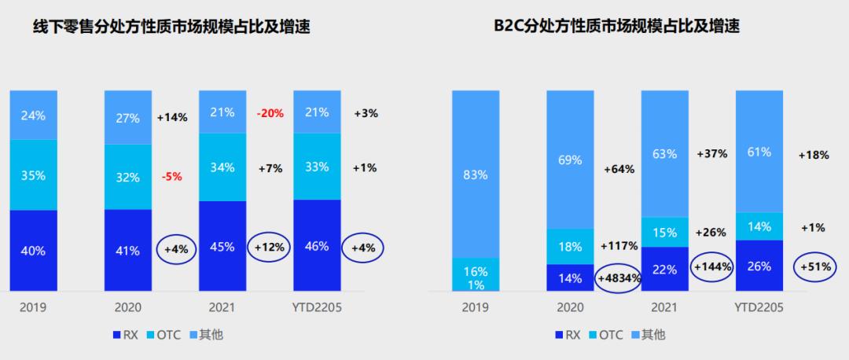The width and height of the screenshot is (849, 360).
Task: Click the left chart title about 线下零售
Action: pyautogui.click(x=171, y=27)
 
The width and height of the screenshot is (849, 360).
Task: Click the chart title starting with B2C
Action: pyautogui.click(x=617, y=27)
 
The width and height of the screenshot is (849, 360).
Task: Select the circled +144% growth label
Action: pyautogui.click(x=712, y=266)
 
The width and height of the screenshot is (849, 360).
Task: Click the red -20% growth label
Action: pyautogui.click(x=270, y=113)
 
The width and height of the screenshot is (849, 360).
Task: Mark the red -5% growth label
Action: pyautogui.click(x=171, y=177)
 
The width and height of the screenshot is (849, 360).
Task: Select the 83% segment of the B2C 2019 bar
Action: pyautogui.click(x=475, y=174)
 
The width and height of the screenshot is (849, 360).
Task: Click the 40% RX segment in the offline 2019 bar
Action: pyautogui.click(x=33, y=251)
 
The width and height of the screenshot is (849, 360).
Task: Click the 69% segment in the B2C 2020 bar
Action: pyautogui.click(x=570, y=160)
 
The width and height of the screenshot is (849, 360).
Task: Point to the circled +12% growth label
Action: pyautogui.click(x=270, y=246)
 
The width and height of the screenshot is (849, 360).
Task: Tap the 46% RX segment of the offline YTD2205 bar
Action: pyautogui.click(x=316, y=246)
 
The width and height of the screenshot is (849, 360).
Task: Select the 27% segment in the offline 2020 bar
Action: pyautogui.click(x=128, y=118)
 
